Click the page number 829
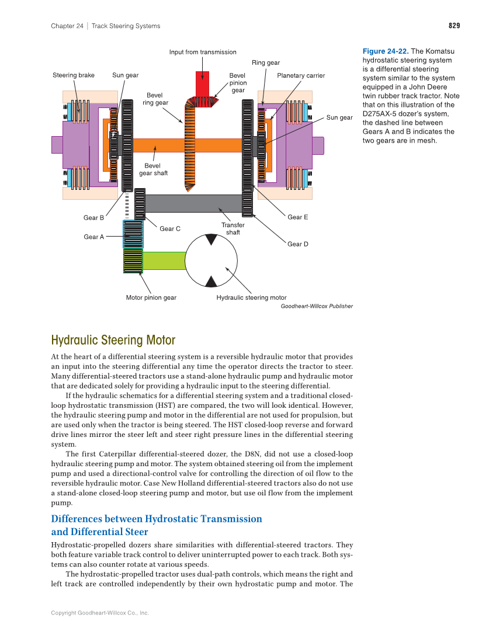click(x=454, y=26)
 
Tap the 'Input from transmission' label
click(x=203, y=52)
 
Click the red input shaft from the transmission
click(x=202, y=84)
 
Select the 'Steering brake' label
click(x=74, y=75)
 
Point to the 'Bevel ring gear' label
click(x=155, y=99)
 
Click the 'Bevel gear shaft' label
click(x=153, y=169)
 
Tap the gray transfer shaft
click(x=193, y=203)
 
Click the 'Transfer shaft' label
click(x=233, y=228)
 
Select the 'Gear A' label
click(x=93, y=237)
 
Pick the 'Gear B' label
click(x=93, y=218)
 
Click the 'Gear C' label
click(x=170, y=228)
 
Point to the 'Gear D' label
click(x=297, y=244)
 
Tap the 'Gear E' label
click(x=297, y=217)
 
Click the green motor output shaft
click(x=164, y=260)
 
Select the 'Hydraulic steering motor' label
click(x=251, y=297)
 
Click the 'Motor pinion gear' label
click(x=151, y=297)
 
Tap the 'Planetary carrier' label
click(x=301, y=75)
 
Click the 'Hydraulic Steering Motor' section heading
click(x=113, y=340)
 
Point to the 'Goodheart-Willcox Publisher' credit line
click(x=316, y=306)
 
